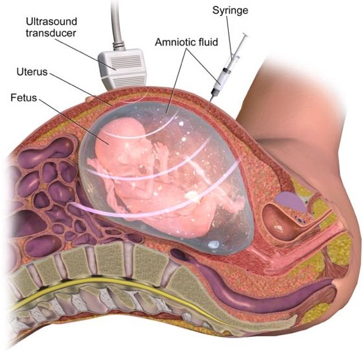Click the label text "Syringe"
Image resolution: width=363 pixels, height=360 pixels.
tap(230, 11)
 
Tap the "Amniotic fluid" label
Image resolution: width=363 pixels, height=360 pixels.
tap(186, 42)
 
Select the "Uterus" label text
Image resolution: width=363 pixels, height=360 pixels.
tap(32, 72)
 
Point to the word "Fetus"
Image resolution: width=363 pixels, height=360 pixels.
tap(24, 98)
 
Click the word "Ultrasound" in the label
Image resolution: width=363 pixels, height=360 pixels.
tap(51, 22)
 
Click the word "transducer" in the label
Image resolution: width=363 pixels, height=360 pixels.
tap(51, 33)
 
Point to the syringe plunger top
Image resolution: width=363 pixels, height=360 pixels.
tap(245, 35)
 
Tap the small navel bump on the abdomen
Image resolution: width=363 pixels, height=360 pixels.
tap(90, 100)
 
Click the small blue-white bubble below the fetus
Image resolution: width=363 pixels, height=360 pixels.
tap(213, 244)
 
